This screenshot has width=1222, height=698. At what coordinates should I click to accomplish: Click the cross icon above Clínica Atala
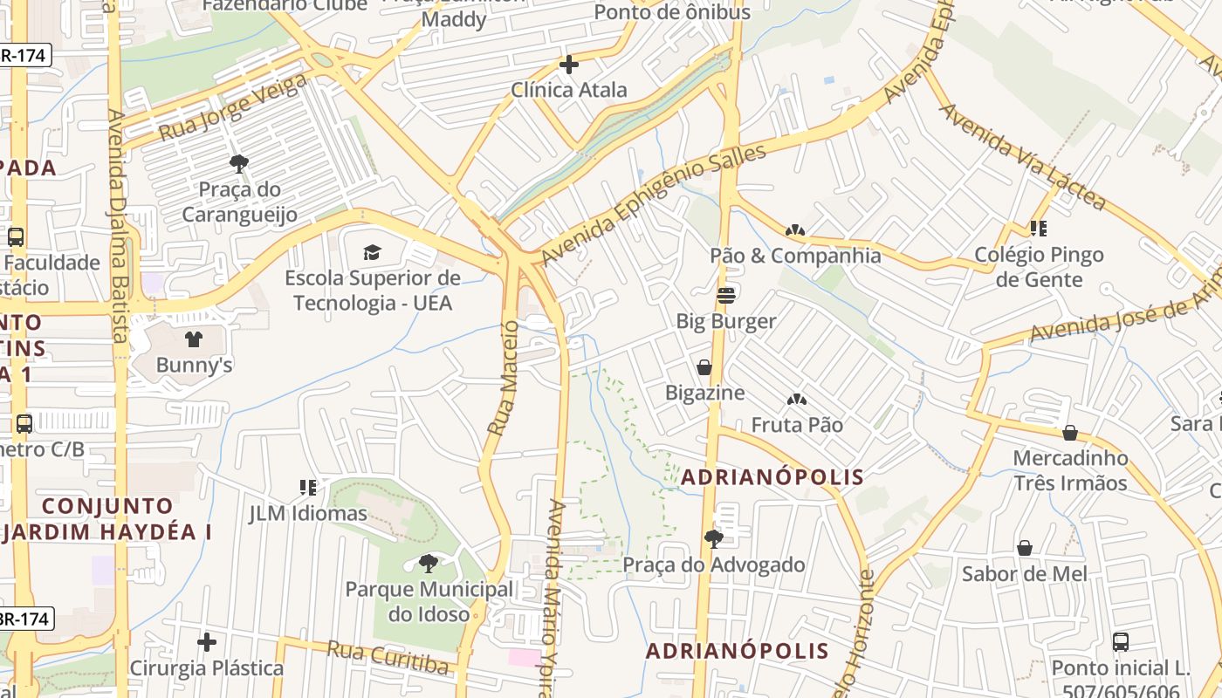[568, 65]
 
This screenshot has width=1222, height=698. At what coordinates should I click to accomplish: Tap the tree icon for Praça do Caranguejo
[238, 163]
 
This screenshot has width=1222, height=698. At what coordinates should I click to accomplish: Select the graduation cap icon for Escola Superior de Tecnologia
[373, 252]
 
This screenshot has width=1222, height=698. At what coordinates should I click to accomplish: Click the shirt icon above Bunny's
[194, 339]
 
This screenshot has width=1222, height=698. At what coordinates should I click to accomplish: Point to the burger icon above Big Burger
[725, 295]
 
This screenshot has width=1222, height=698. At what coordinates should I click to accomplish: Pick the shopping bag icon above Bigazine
[704, 367]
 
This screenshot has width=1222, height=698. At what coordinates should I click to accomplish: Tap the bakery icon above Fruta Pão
[796, 400]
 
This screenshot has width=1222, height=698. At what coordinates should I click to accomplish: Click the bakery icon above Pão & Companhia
[794, 230]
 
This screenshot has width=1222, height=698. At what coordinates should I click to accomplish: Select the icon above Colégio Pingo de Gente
[1038, 229]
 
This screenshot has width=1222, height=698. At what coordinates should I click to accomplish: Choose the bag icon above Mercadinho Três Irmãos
[1069, 433]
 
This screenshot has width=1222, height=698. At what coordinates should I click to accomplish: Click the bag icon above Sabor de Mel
[1025, 548]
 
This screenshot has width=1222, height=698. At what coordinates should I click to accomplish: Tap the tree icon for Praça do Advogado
[713, 538]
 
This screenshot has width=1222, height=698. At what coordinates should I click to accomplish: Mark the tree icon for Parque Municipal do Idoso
[428, 564]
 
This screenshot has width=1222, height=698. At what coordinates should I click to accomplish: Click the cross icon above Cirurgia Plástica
[207, 642]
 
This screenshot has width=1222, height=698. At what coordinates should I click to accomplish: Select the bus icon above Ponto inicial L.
[1121, 642]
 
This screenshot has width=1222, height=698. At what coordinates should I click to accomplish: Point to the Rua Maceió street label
[504, 378]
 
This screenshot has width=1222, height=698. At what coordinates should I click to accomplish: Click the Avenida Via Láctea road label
[1022, 157]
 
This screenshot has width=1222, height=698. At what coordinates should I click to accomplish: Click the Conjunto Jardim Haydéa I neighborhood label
[106, 518]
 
